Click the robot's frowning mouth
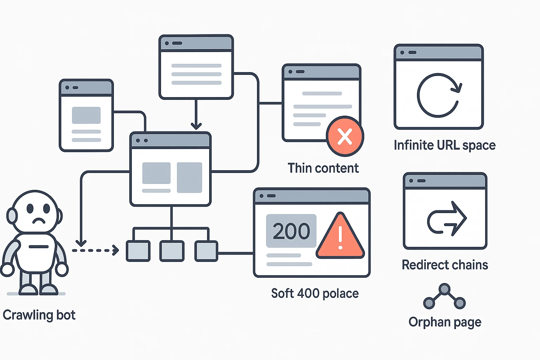click(39, 221)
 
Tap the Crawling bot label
click(39, 315)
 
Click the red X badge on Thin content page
click(345, 136)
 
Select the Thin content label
click(323, 168)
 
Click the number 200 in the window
click(291, 231)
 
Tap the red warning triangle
click(340, 237)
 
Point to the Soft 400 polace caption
click(315, 293)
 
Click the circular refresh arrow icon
click(439, 95)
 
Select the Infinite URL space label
click(444, 145)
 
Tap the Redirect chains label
click(445, 265)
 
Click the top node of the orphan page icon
click(444, 289)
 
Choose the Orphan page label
click(445, 322)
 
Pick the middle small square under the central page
click(172, 251)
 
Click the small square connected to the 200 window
click(206, 251)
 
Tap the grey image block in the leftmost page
click(86, 115)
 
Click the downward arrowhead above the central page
click(196, 126)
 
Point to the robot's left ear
click(12, 216)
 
